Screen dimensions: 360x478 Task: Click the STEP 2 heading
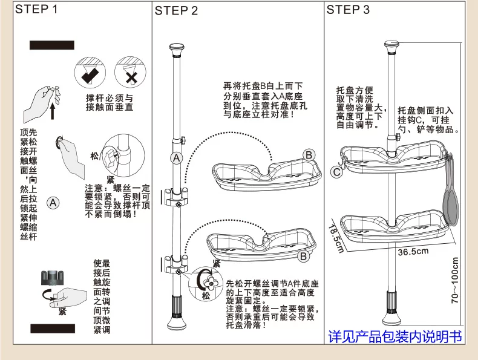pyautogui.click(x=176, y=10)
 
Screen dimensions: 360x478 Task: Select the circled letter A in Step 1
pyautogui.click(x=53, y=203)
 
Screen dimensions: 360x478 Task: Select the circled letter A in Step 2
pyautogui.click(x=177, y=159)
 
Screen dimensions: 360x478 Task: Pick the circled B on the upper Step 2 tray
pyautogui.click(x=309, y=155)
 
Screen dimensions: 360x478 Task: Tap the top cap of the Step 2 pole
pyautogui.click(x=177, y=48)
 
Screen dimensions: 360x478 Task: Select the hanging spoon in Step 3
pyautogui.click(x=448, y=200)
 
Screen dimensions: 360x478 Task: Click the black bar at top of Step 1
pyautogui.click(x=52, y=45)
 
